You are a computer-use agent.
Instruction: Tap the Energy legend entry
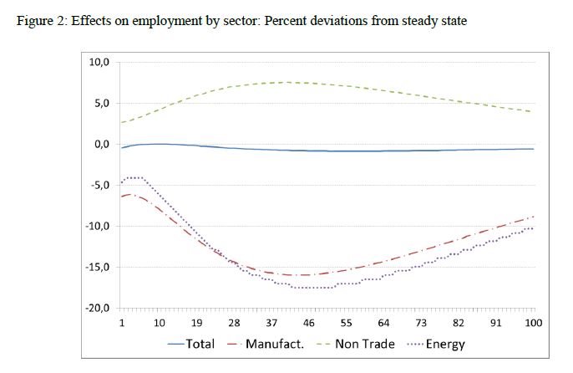tap(446, 344)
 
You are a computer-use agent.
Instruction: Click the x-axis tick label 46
tap(309, 323)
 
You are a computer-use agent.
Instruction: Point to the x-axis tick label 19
tap(197, 323)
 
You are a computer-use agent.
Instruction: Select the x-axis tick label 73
tap(421, 323)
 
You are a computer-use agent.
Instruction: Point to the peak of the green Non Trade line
tap(287, 82)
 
